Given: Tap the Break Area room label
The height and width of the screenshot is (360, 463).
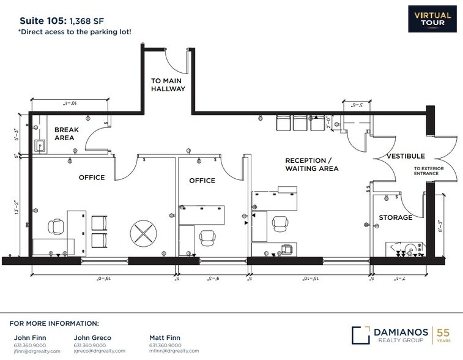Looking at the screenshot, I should point(64,133).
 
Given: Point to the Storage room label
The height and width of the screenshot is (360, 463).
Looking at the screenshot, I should point(395,217).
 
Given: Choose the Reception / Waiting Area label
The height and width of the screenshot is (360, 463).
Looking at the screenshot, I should point(311,164).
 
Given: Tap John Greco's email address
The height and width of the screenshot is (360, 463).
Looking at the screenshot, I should point(99,351).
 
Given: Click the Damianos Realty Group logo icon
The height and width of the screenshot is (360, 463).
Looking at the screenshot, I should point(361,335).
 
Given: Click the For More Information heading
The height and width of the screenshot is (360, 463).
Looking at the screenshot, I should point(54,323).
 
